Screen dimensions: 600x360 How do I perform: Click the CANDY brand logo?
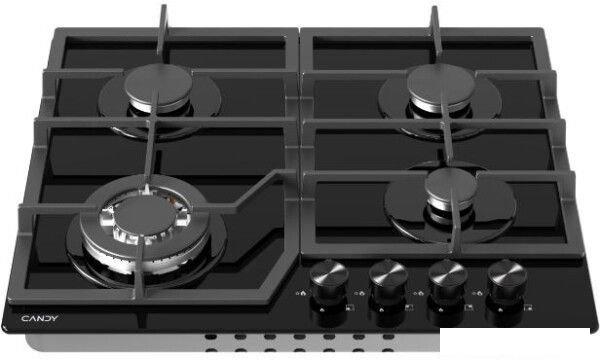pos(40,318)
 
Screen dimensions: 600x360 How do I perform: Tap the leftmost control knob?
pos(329,281)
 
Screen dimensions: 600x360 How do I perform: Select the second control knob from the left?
pos(388,281)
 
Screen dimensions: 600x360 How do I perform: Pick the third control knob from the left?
pos(448,281)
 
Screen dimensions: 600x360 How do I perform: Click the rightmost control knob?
pos(507,281)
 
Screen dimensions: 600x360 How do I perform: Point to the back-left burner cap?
pos(158,84)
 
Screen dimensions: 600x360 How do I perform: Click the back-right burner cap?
pos(441,84)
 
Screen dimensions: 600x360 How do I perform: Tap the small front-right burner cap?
pos(450,186)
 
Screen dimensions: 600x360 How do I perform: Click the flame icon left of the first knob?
pos(303,293)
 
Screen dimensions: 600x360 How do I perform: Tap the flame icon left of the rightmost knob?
pos(479,293)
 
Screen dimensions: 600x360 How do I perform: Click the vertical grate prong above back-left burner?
pos(163,34)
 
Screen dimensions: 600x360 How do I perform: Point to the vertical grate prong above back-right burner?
pos(436,34)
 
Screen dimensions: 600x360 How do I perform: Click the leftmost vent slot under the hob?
pos(211,337)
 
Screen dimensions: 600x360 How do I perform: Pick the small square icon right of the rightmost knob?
pos(528,307)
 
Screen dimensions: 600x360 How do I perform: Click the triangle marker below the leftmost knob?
pos(322,309)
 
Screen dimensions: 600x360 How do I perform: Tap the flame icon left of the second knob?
pos(362,293)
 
